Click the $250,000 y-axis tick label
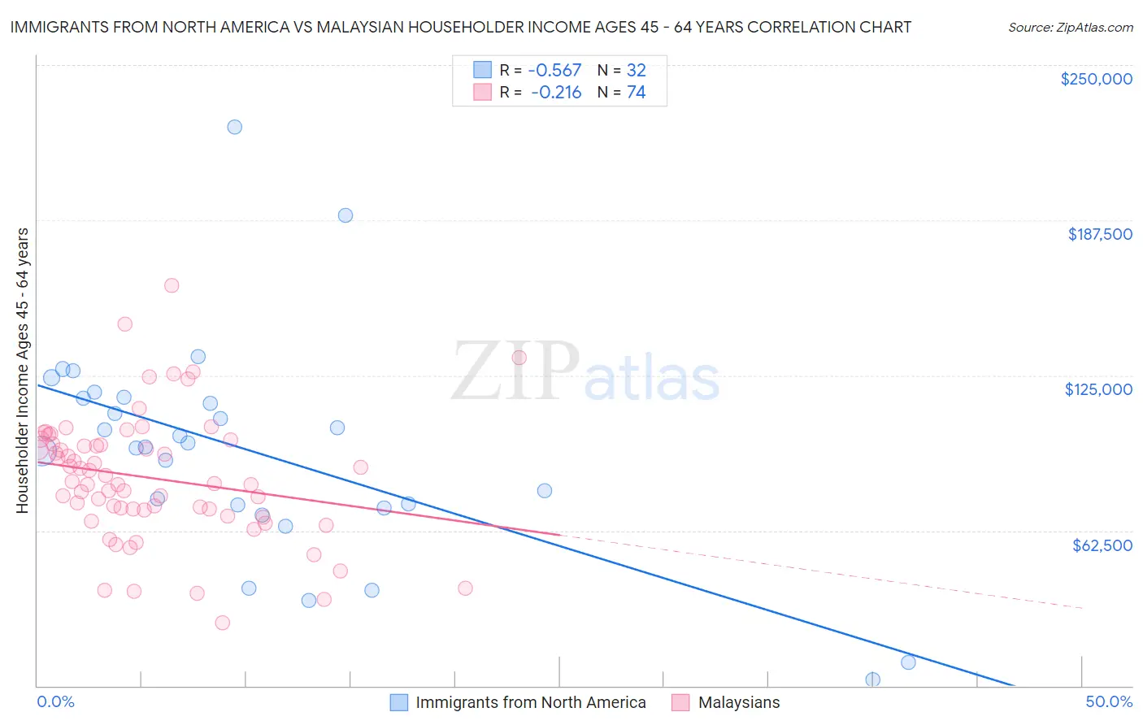[x=1096, y=79]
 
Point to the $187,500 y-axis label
[x=1099, y=234]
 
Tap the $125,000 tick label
[x=1098, y=389]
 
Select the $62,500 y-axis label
[x=1102, y=545]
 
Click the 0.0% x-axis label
[x=55, y=701]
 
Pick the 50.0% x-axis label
[x=1109, y=701]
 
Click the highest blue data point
[x=234, y=127]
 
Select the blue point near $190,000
[x=346, y=215]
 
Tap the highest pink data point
[x=172, y=285]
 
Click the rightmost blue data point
[x=908, y=662]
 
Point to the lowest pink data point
[x=222, y=623]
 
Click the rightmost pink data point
[x=519, y=358]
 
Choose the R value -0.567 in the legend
[x=555, y=70]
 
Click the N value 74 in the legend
[x=636, y=93]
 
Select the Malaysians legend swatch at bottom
[x=680, y=702]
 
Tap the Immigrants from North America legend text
[x=530, y=702]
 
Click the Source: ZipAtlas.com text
[x=1070, y=27]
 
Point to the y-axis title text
[x=22, y=370]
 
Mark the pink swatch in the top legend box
[x=482, y=93]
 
